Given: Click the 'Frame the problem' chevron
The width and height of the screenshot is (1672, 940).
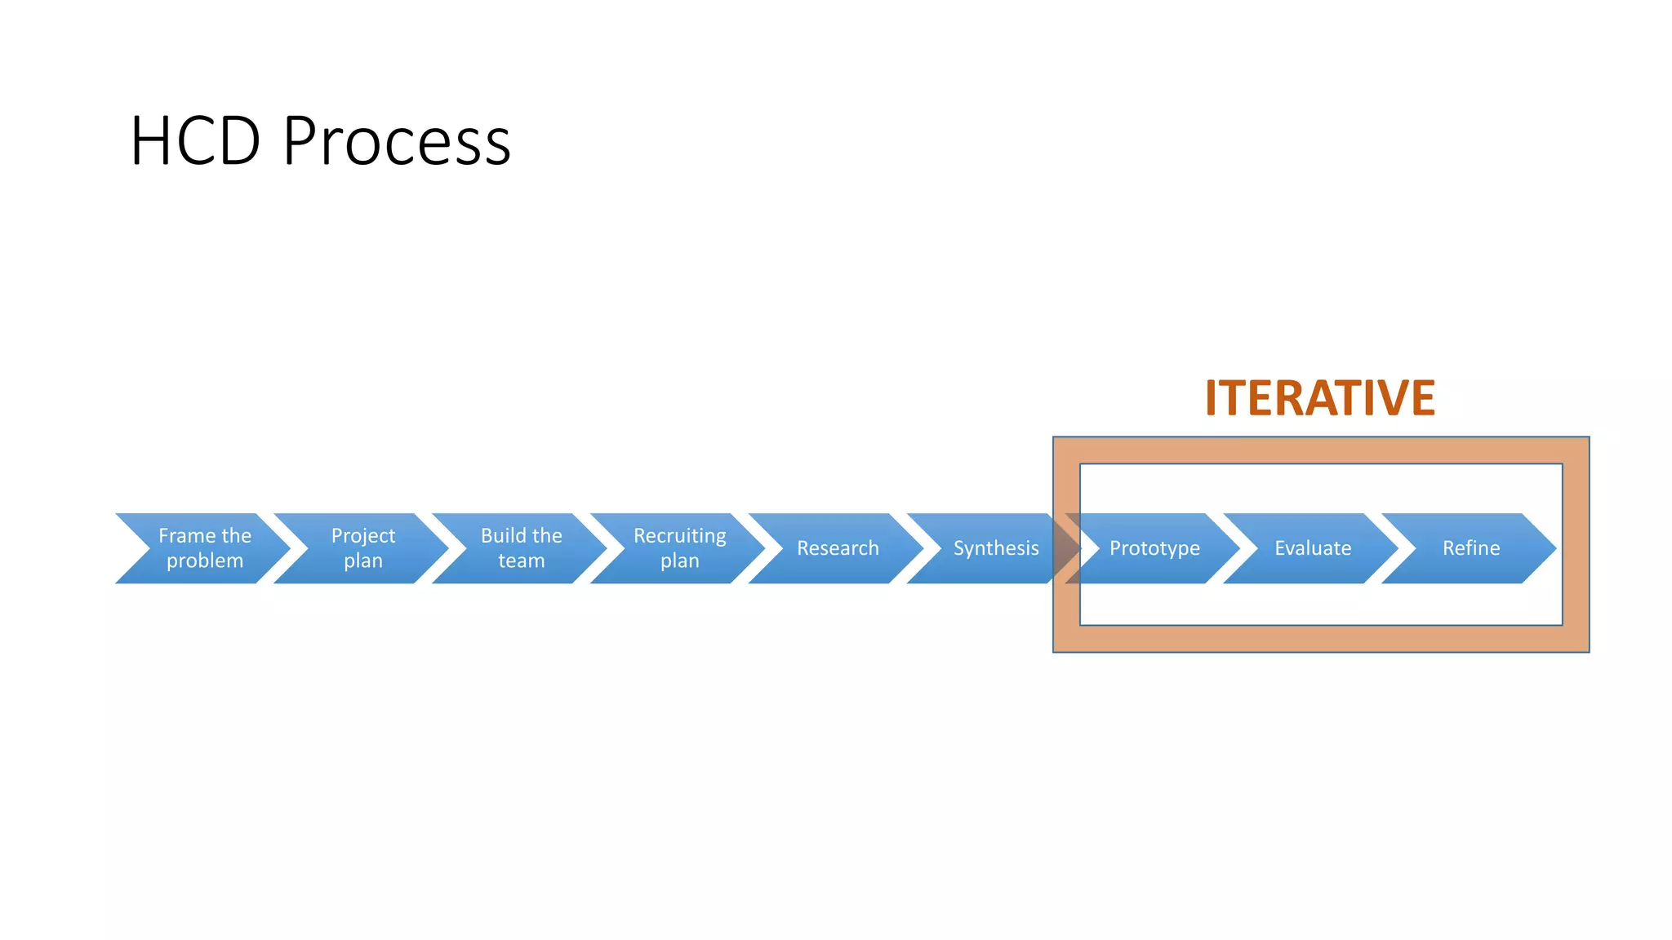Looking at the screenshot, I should [204, 548].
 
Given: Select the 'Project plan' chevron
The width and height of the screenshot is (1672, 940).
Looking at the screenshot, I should [362, 548].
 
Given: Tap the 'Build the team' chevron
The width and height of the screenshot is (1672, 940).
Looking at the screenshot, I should [521, 548].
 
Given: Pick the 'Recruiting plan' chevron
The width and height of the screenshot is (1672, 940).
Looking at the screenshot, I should [679, 548].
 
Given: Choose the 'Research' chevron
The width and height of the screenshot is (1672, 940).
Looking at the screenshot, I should [838, 548].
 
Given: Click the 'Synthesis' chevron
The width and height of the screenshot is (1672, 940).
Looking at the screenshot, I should [996, 548].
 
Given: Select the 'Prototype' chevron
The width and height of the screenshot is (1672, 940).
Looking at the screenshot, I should [1154, 548].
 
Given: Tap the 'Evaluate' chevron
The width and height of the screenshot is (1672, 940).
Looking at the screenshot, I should [1313, 548].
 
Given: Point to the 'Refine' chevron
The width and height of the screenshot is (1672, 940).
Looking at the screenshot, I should [1471, 548].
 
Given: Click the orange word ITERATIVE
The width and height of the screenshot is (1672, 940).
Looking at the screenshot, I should [1319, 398].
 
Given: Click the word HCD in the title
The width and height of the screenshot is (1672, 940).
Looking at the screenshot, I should [195, 141].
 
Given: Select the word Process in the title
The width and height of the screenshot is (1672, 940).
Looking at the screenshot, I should [397, 141].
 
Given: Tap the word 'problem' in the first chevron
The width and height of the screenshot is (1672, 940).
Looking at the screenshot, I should [205, 561].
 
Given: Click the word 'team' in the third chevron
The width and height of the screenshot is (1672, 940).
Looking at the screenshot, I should [521, 561].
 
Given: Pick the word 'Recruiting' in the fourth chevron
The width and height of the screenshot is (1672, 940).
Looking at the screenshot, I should [679, 535].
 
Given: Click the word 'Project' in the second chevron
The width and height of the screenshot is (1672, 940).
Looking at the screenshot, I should [362, 535].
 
